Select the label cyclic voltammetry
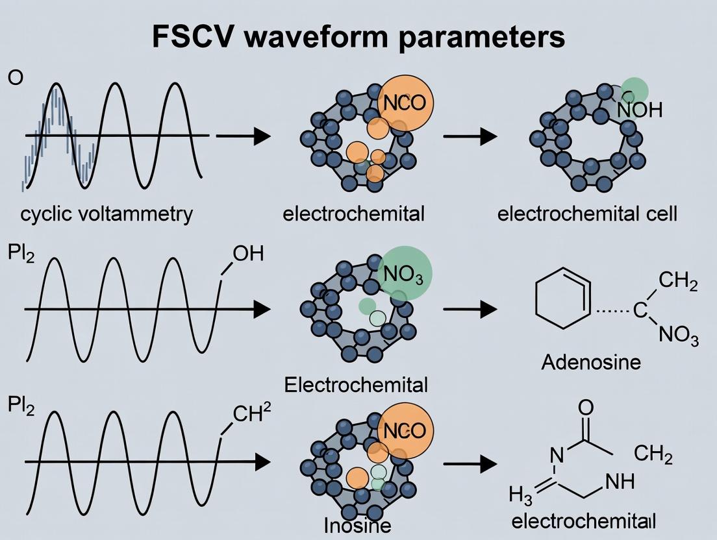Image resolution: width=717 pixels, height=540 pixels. click(107, 214)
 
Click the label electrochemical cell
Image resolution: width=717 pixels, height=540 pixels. click(587, 214)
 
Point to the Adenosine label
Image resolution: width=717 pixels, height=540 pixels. click(590, 362)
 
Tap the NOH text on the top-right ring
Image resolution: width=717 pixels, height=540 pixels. click(640, 110)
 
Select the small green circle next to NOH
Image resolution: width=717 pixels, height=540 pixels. click(634, 90)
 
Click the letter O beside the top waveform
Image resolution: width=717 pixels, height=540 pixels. click(16, 78)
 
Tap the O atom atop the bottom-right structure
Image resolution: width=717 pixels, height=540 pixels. click(585, 408)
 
